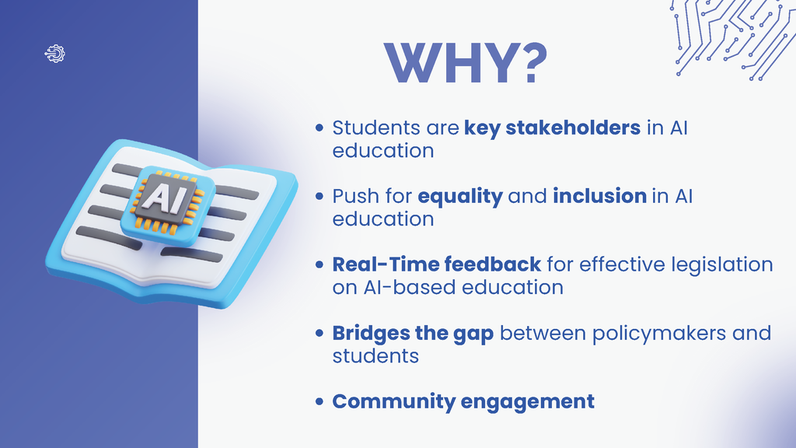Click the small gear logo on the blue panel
pos(56,53)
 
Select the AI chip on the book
pos(166,200)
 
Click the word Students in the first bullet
pos(369,128)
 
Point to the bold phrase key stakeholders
pos(552,128)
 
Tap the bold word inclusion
pos(599,197)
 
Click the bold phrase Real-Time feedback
pos(436,264)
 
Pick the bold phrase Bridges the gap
pos(413,334)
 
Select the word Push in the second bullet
pos(351,197)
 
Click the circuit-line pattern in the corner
pos(731,35)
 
